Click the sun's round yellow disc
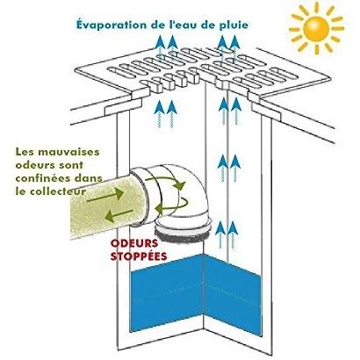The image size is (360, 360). (x=316, y=29)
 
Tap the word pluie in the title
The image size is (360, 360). (x=233, y=25)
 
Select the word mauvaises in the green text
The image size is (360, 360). (x=68, y=152)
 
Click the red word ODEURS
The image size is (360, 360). (x=134, y=243)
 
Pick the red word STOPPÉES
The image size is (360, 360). (x=139, y=256)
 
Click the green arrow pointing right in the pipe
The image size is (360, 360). (x=105, y=195)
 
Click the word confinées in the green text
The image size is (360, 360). (x=43, y=178)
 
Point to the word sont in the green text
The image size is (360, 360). (x=71, y=165)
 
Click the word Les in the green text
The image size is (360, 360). (x=25, y=152)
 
